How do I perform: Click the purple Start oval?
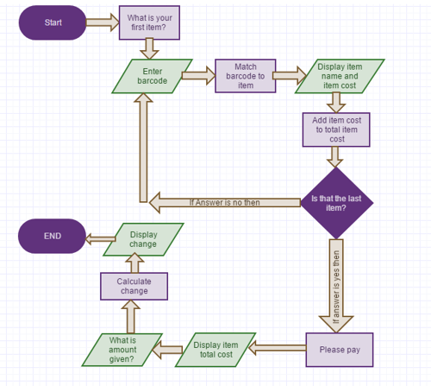53,23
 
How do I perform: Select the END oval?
53,236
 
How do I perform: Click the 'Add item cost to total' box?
336,129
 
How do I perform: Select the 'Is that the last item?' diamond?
336,202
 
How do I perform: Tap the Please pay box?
340,350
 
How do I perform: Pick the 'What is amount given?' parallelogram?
122,350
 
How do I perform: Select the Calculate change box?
134,286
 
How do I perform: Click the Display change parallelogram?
143,239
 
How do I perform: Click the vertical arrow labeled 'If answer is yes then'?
336,285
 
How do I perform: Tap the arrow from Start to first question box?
103,23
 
